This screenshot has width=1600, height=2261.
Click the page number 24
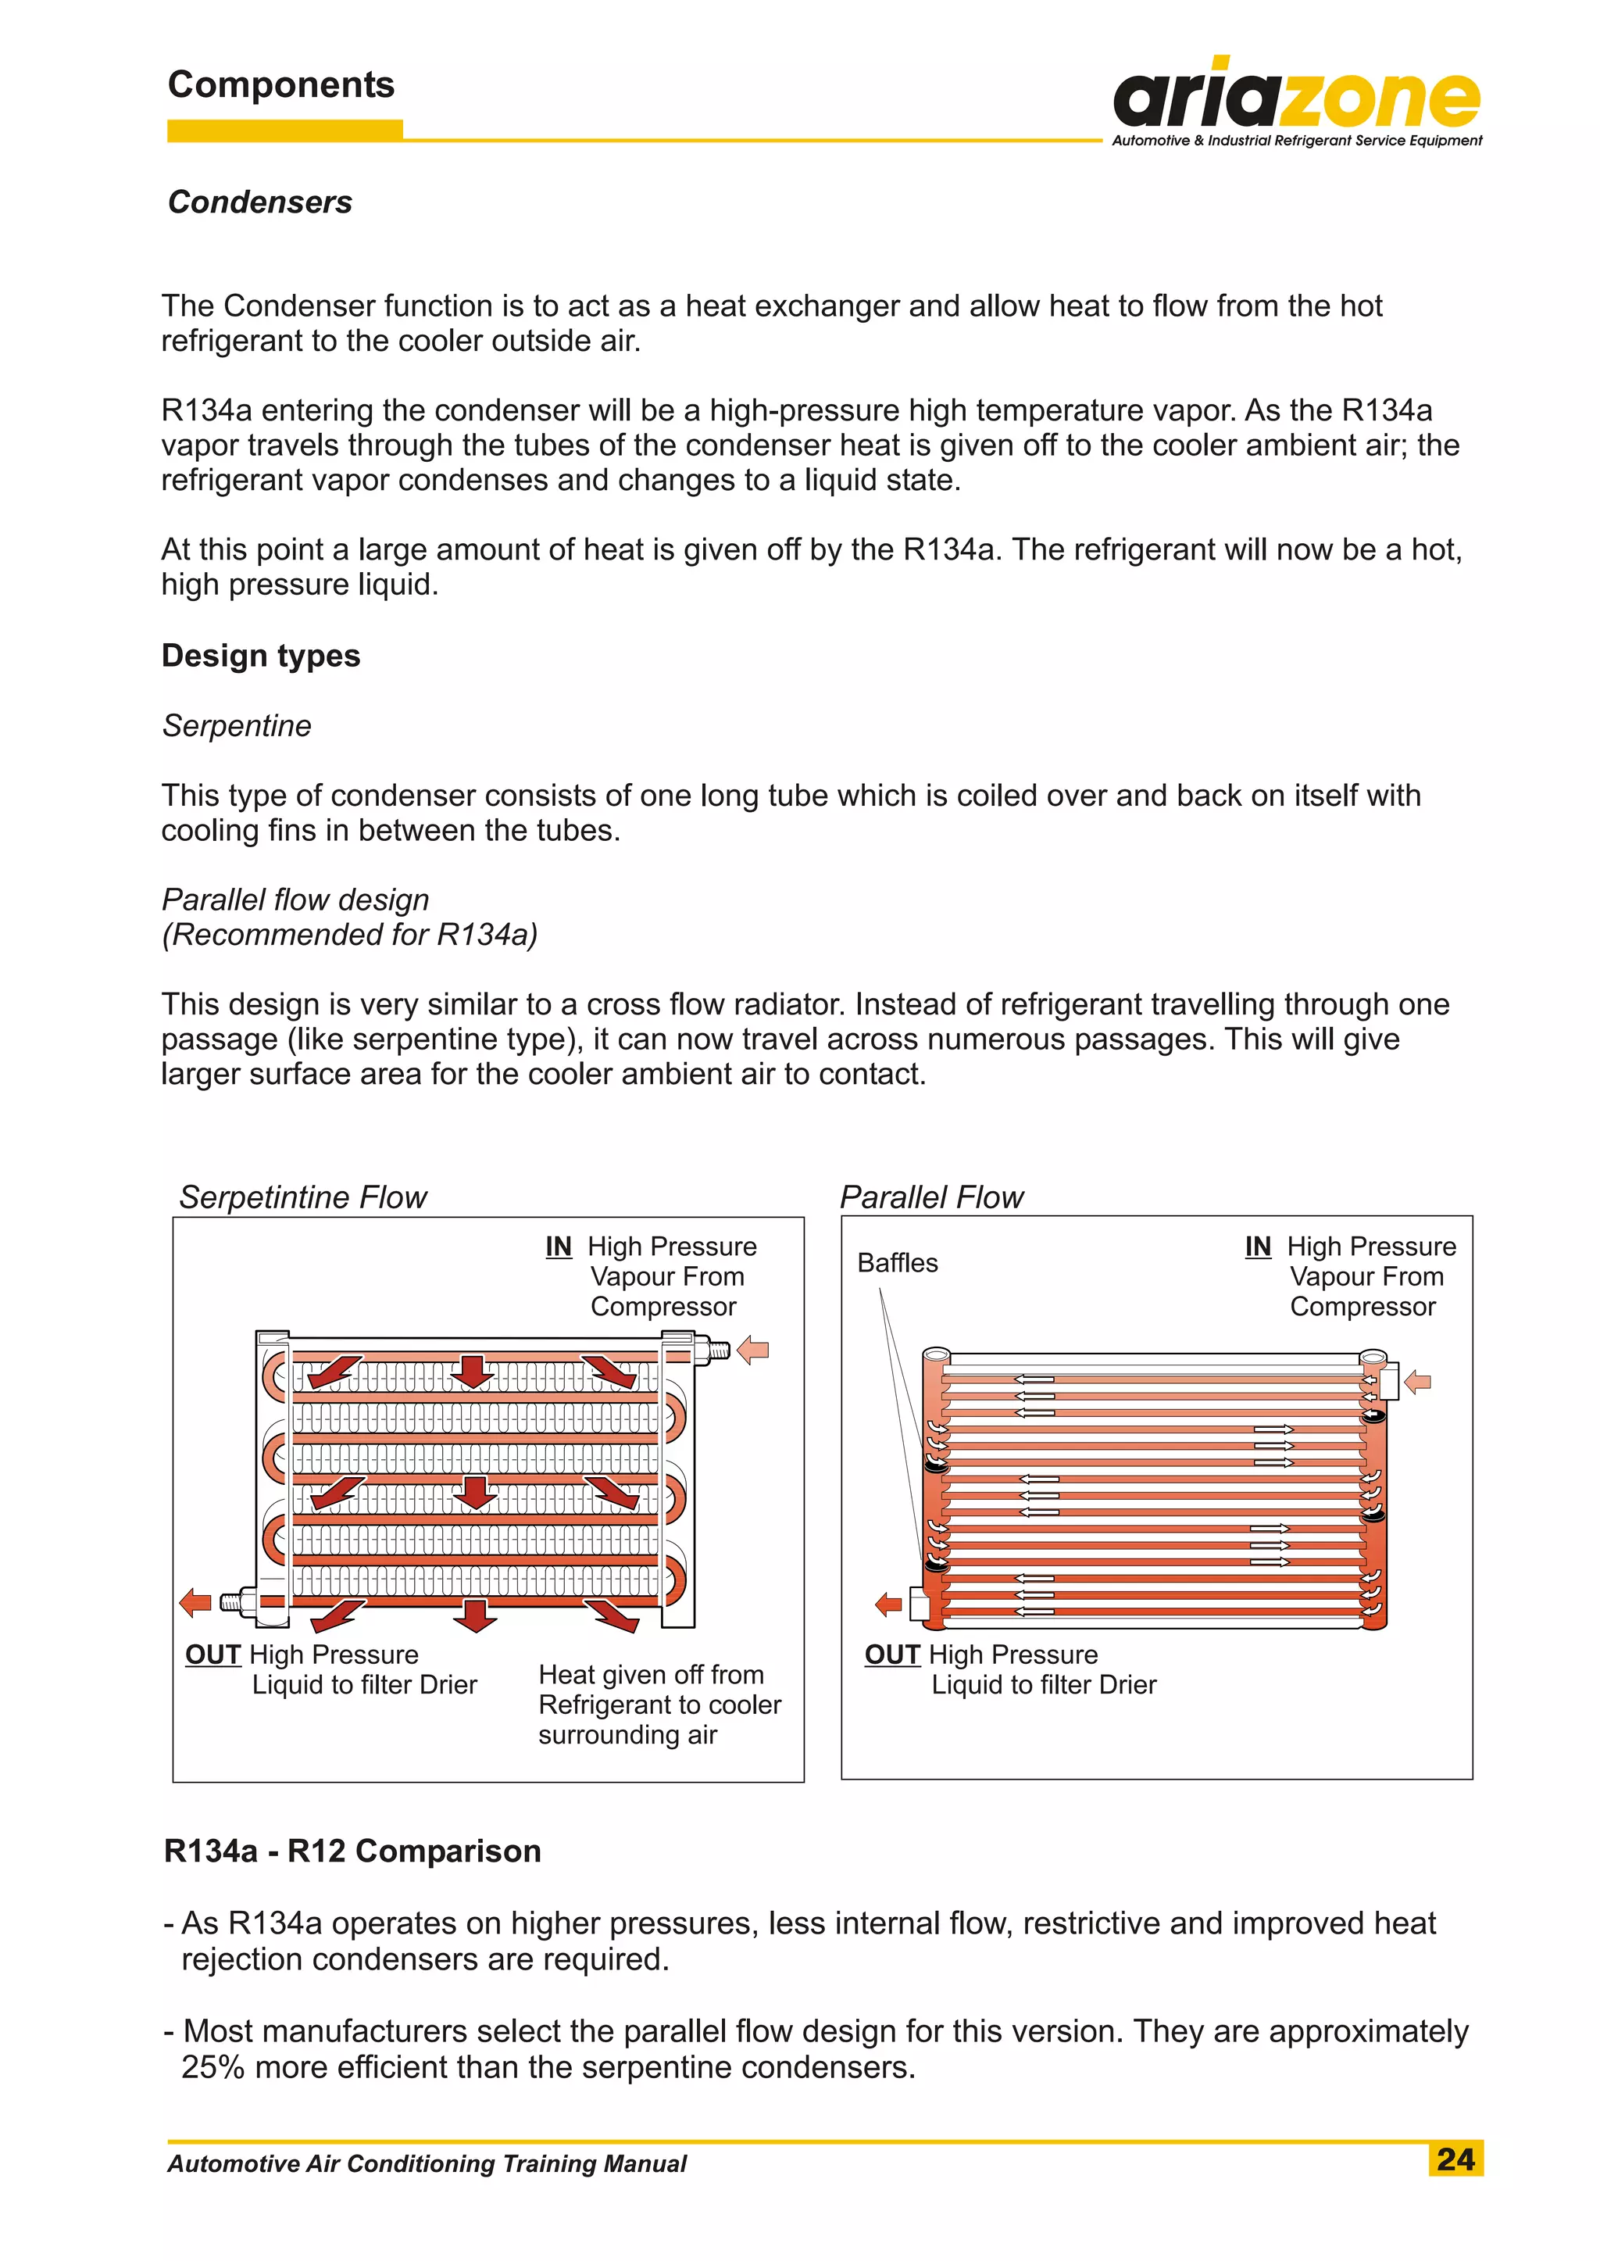pyautogui.click(x=1455, y=2159)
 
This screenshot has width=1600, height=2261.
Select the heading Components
pyautogui.click(x=280, y=84)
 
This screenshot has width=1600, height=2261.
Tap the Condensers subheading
pyautogui.click(x=260, y=202)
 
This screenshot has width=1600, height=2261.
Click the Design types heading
pyautogui.click(x=261, y=656)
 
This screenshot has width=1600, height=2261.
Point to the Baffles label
pyautogui.click(x=897, y=1262)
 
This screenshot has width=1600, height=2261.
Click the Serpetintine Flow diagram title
pyautogui.click(x=302, y=1197)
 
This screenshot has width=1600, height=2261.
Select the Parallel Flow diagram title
pyautogui.click(x=931, y=1197)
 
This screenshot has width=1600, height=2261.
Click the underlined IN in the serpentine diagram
pyautogui.click(x=559, y=1247)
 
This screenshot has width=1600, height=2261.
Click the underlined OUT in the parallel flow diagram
pyautogui.click(x=891, y=1655)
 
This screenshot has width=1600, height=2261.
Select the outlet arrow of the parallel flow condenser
pyautogui.click(x=888, y=1605)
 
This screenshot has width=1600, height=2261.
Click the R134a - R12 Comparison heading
pyautogui.click(x=352, y=1851)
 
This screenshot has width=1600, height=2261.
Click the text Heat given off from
pyautogui.click(x=652, y=1675)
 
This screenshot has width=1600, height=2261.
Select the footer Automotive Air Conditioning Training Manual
pyautogui.click(x=427, y=2163)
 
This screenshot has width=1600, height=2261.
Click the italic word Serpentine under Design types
pyautogui.click(x=237, y=725)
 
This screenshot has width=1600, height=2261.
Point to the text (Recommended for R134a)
pyautogui.click(x=350, y=935)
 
